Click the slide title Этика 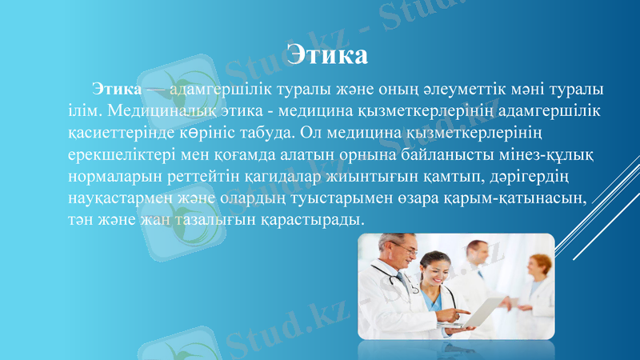327,55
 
